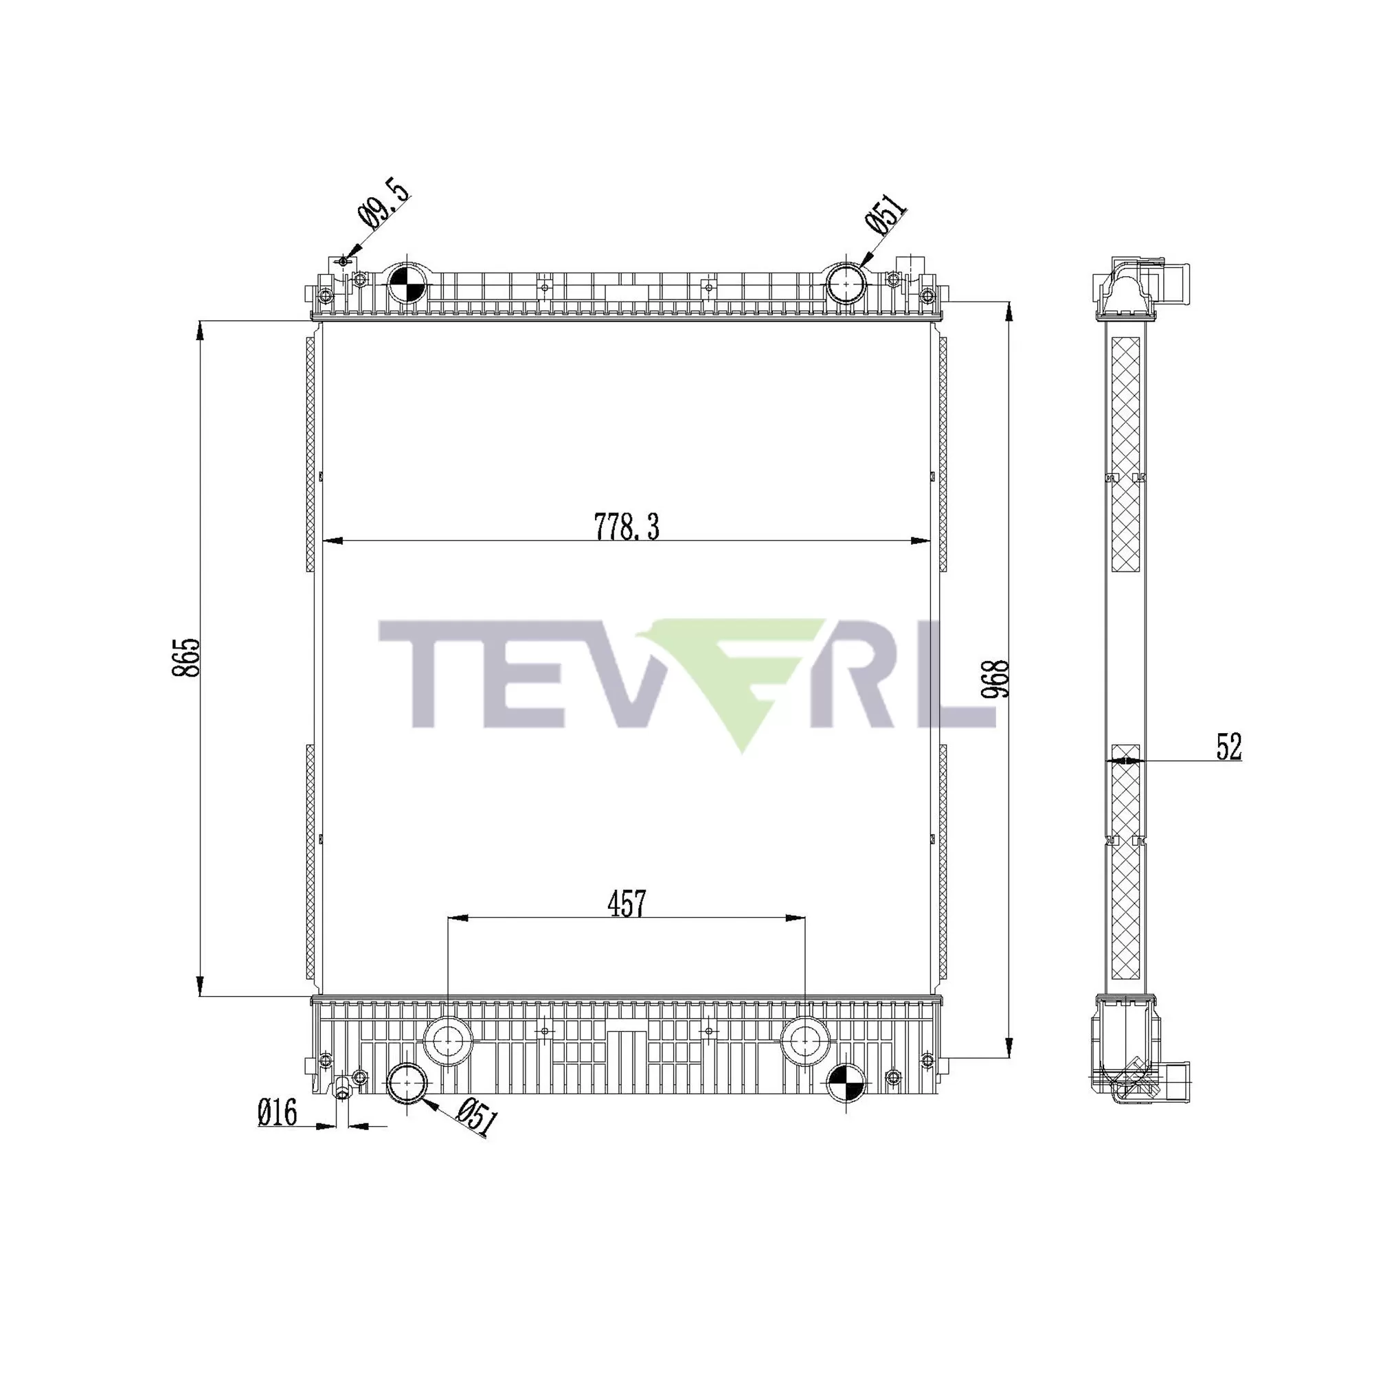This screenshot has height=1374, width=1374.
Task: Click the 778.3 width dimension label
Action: (x=627, y=528)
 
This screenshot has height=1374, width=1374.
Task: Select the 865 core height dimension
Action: (x=187, y=657)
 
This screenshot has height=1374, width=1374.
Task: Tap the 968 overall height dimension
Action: (x=999, y=679)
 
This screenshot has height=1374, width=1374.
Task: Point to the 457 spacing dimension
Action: (x=627, y=904)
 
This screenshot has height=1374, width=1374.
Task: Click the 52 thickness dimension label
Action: (x=1228, y=747)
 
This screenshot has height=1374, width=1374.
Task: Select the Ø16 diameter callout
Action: (x=278, y=1112)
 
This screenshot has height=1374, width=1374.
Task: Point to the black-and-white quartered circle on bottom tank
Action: (x=846, y=1084)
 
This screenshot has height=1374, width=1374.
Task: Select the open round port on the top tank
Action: (x=846, y=283)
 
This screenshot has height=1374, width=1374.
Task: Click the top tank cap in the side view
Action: (x=1125, y=293)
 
